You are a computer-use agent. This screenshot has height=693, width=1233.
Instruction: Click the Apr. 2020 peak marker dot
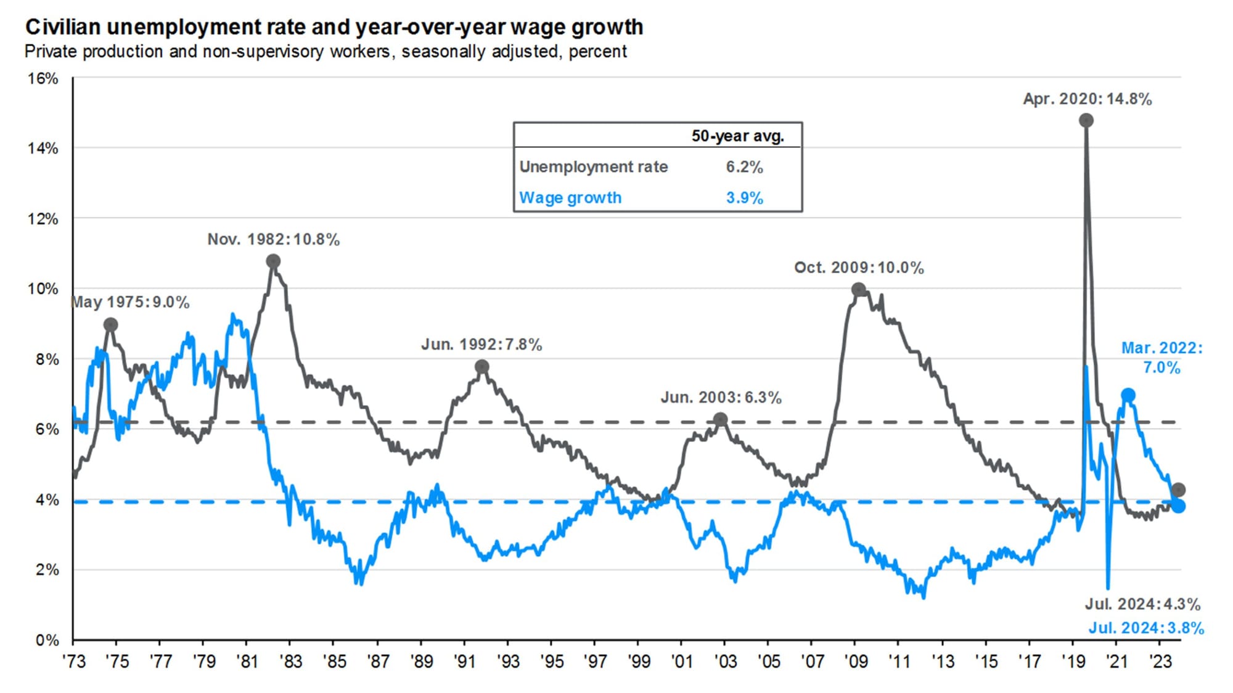click(x=1086, y=120)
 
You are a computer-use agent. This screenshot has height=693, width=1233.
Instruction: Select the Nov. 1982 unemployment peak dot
click(x=273, y=261)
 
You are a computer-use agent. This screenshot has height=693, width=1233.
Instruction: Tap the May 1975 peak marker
click(x=110, y=325)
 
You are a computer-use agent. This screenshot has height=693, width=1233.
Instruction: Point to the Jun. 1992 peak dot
click(x=482, y=367)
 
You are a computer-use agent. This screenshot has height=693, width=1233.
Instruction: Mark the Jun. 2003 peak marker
click(x=720, y=420)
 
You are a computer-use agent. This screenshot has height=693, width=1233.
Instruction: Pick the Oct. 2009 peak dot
click(x=858, y=289)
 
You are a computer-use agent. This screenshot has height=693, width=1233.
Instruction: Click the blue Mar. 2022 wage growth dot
click(x=1128, y=395)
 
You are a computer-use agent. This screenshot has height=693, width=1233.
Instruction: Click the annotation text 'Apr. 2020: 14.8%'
click(x=1087, y=99)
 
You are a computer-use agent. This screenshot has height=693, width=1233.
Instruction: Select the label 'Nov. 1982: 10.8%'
click(x=273, y=239)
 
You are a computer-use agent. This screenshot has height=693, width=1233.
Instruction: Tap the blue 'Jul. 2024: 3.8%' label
click(x=1145, y=628)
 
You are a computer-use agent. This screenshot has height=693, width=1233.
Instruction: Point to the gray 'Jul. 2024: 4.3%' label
click(x=1142, y=604)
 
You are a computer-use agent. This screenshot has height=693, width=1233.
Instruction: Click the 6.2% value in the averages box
click(x=744, y=167)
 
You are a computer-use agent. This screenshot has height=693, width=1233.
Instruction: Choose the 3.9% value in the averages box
click(x=744, y=198)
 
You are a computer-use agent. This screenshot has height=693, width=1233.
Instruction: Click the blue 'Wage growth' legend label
click(x=570, y=198)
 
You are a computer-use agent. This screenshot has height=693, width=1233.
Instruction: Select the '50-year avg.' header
click(x=737, y=136)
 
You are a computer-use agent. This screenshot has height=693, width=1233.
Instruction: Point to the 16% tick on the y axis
click(x=43, y=78)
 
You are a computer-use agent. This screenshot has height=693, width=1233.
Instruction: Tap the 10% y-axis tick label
click(x=43, y=289)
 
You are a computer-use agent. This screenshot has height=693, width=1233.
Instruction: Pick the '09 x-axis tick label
click(x=856, y=662)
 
